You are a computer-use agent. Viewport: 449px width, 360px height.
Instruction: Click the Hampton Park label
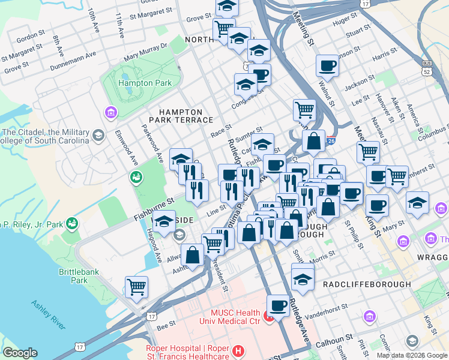click(x=145, y=83)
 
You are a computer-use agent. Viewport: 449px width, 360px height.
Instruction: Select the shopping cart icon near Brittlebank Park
click(x=137, y=287)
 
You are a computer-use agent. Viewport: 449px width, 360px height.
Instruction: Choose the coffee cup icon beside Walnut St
click(x=328, y=65)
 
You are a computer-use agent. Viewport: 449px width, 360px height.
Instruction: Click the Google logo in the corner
click(x=20, y=353)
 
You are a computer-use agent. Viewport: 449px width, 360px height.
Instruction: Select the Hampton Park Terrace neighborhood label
click(x=185, y=116)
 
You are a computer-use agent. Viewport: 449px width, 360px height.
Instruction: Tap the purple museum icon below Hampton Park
click(x=110, y=112)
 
